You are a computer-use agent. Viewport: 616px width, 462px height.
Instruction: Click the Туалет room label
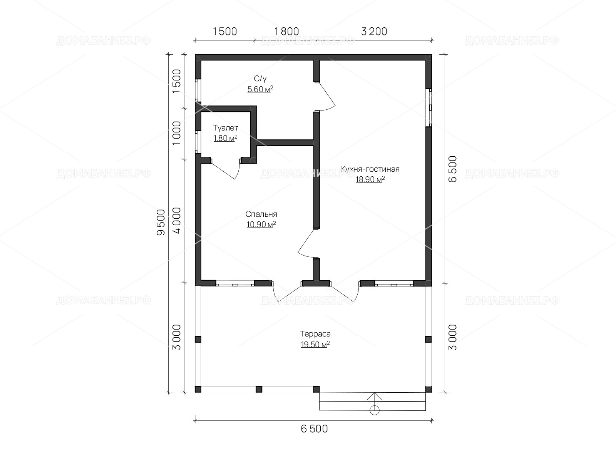(225, 128)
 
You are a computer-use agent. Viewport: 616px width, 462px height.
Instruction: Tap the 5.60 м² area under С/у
(260, 89)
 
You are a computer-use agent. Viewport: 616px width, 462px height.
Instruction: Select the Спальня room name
(261, 214)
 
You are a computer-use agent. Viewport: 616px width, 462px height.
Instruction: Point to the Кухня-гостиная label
(370, 169)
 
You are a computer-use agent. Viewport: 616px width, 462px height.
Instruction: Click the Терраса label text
(315, 334)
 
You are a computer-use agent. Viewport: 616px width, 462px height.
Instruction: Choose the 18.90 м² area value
(370, 179)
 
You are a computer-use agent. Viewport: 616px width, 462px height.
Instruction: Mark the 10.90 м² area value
(261, 224)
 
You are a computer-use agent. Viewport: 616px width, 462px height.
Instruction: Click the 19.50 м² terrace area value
(315, 344)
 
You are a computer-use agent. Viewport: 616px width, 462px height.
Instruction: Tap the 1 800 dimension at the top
(286, 32)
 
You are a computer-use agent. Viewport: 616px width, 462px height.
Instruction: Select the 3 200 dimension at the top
(374, 32)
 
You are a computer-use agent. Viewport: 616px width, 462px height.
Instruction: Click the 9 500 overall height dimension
(161, 223)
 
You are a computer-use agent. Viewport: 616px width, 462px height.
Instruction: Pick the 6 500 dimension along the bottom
(314, 429)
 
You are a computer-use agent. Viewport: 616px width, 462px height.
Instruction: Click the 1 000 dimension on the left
(177, 133)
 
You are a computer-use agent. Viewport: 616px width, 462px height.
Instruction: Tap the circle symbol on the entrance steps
(375, 410)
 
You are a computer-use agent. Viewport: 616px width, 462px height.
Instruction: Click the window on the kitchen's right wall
(429, 108)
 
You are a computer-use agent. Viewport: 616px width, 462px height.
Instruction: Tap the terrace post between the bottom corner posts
(259, 389)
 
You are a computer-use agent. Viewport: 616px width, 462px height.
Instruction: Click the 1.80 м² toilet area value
(225, 138)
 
